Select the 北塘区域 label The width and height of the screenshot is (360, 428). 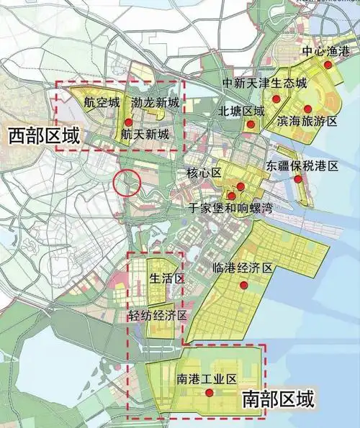tap(243, 111)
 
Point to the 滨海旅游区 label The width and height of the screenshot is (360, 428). tap(307, 123)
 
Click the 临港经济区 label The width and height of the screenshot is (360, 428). tap(243, 268)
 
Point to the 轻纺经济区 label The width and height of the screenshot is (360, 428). tap(158, 317)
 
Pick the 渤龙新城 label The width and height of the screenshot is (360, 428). tap(156, 103)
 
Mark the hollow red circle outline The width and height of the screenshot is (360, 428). tap(127, 183)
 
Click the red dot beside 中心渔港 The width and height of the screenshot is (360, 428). tap(328, 65)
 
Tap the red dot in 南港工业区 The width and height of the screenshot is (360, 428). tap(209, 393)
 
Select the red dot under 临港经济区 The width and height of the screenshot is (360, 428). tap(244, 285)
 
